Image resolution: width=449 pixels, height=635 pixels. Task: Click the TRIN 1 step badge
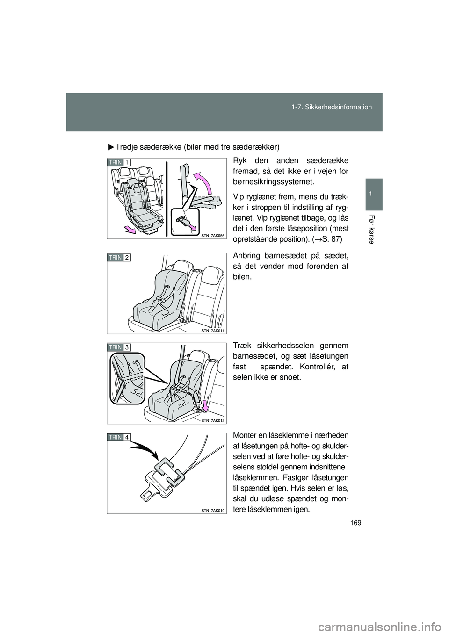coord(119,162)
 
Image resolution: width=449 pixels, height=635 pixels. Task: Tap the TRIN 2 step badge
coord(119,258)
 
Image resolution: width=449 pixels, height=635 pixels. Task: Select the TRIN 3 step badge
coord(119,347)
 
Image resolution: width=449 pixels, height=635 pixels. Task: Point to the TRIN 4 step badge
coord(119,437)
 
